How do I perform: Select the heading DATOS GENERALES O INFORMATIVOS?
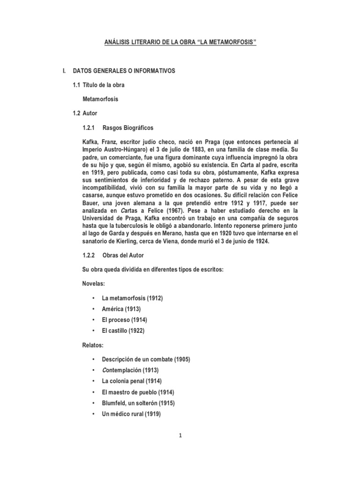click(x=124, y=71)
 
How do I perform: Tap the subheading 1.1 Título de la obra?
click(x=98, y=85)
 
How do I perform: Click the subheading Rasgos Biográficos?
click(x=127, y=127)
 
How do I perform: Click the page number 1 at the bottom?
click(x=180, y=435)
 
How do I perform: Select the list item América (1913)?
click(x=121, y=309)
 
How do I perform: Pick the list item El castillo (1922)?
click(x=123, y=330)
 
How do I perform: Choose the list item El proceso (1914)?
click(x=124, y=320)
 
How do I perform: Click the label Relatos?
click(x=92, y=345)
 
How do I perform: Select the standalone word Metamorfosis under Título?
click(x=100, y=99)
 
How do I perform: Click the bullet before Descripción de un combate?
click(x=94, y=360)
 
